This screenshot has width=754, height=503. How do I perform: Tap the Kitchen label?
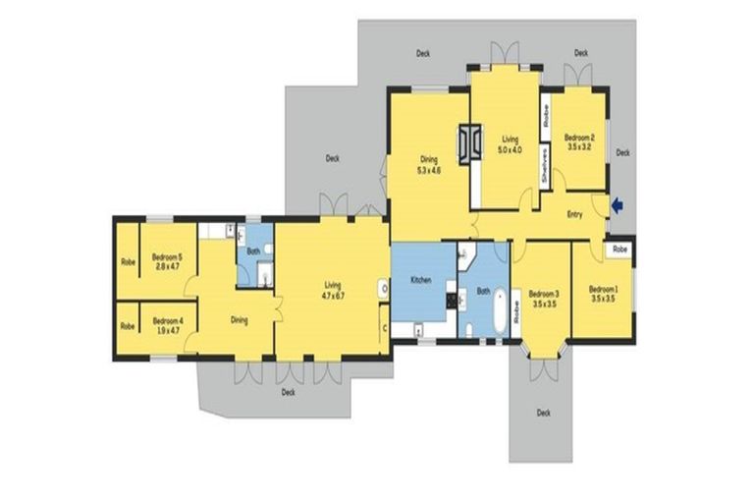pos(420,281)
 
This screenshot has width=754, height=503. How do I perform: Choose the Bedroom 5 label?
pos(168,261)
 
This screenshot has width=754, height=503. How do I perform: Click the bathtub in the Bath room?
pos(501,311)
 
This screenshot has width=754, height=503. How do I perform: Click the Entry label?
pos(576,214)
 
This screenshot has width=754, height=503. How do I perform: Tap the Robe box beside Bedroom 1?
pos(619,251)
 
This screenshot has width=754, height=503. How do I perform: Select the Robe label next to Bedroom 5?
pos(128,262)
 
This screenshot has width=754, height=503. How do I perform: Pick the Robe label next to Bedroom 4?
pos(128,326)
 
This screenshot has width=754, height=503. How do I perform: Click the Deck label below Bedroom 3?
pos(543,413)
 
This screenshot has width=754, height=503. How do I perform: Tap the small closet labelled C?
pos(385,327)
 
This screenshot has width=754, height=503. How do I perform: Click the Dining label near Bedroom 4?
pos(239,319)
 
